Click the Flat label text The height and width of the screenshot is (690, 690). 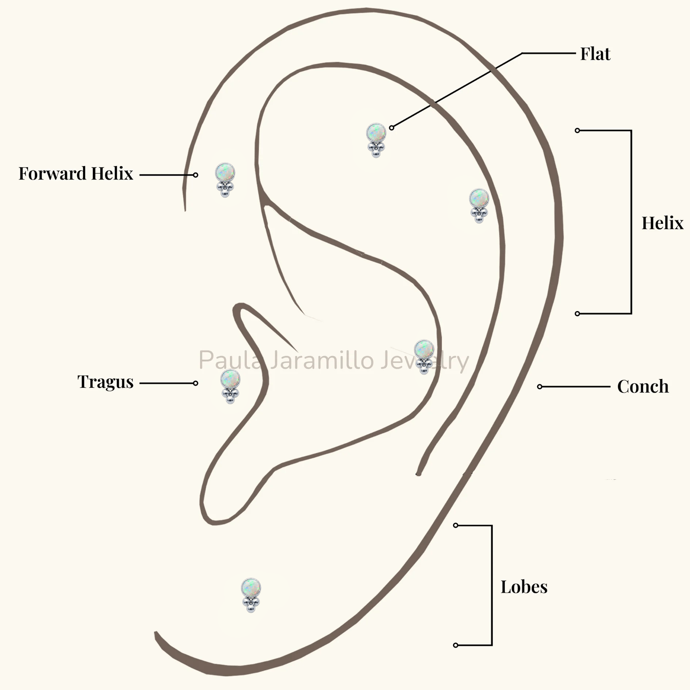pyautogui.click(x=595, y=54)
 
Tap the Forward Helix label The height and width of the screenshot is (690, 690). pyautogui.click(x=76, y=173)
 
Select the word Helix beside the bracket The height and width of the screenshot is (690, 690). pyautogui.click(x=662, y=223)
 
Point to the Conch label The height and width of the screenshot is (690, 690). pyautogui.click(x=643, y=386)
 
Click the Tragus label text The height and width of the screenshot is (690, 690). pyautogui.click(x=106, y=382)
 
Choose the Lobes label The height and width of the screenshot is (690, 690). pyautogui.click(x=524, y=587)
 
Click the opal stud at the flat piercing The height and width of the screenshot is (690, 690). pyautogui.click(x=376, y=140)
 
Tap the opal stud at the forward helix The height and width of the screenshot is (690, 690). pyautogui.click(x=225, y=180)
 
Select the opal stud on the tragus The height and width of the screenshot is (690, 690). pyautogui.click(x=230, y=387)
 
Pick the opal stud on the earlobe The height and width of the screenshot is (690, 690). pyautogui.click(x=251, y=595)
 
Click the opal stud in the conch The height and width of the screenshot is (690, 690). pyautogui.click(x=424, y=357)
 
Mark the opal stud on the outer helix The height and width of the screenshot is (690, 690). pyautogui.click(x=479, y=206)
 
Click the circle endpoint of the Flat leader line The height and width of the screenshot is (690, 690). pyautogui.click(x=391, y=128)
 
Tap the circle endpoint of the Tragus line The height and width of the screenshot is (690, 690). pyautogui.click(x=196, y=383)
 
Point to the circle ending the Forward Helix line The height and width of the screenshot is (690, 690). pyautogui.click(x=196, y=175)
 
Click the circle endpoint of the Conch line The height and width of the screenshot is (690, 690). pyautogui.click(x=540, y=387)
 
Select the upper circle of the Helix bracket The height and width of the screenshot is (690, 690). pyautogui.click(x=577, y=130)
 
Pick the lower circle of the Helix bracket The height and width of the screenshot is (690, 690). pyautogui.click(x=577, y=314)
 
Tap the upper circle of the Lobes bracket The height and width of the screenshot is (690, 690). pyautogui.click(x=455, y=525)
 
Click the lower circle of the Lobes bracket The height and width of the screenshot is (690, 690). pyautogui.click(x=455, y=645)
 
